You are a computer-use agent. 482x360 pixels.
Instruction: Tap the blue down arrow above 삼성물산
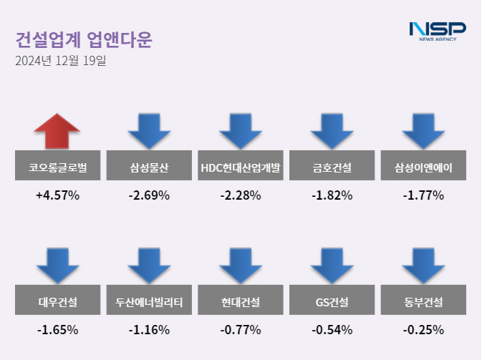pyautogui.click(x=149, y=130)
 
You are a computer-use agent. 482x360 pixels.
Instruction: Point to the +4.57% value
pyautogui.click(x=57, y=195)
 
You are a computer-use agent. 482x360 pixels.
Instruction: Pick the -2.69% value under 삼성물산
pyautogui.click(x=149, y=195)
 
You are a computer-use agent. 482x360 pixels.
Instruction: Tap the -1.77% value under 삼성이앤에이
pyautogui.click(x=424, y=195)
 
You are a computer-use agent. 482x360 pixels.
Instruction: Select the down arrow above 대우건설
pyautogui.click(x=57, y=265)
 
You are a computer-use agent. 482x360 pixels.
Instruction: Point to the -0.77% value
pyautogui.click(x=241, y=330)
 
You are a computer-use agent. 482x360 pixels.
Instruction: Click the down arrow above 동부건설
pyautogui.click(x=424, y=265)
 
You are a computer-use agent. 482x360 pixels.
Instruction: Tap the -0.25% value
pyautogui.click(x=424, y=330)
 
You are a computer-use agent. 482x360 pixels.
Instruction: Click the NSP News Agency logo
pyautogui.click(x=437, y=31)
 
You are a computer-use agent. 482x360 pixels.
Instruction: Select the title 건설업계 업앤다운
pyautogui.click(x=83, y=39)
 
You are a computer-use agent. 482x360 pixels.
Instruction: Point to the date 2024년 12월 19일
pyautogui.click(x=60, y=62)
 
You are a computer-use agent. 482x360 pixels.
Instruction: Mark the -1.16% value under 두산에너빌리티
pyautogui.click(x=149, y=330)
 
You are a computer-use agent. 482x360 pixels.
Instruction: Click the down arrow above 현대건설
pyautogui.click(x=241, y=265)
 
